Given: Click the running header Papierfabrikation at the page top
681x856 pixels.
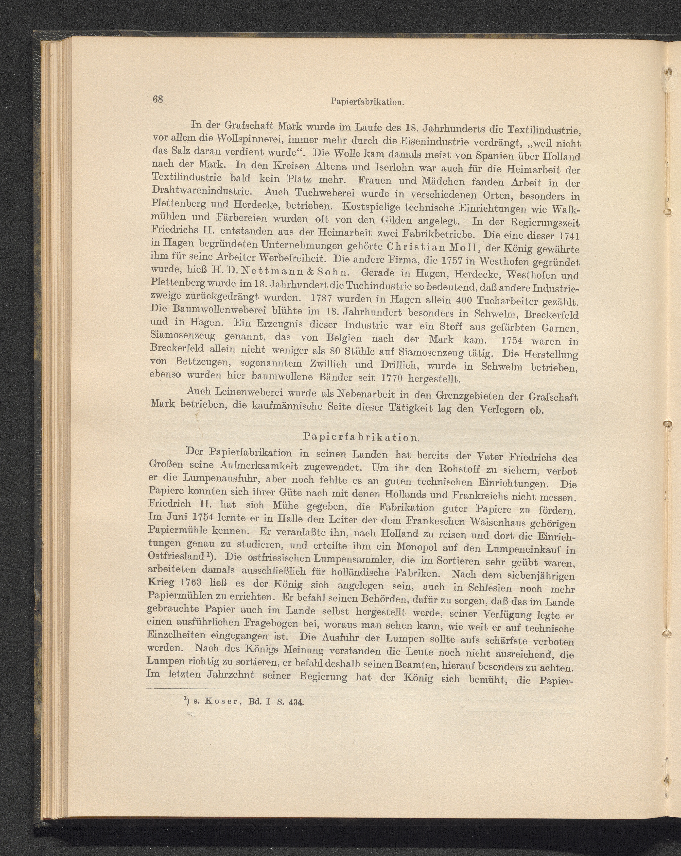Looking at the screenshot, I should [367, 102].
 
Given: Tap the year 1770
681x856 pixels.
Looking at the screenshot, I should [398, 376].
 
